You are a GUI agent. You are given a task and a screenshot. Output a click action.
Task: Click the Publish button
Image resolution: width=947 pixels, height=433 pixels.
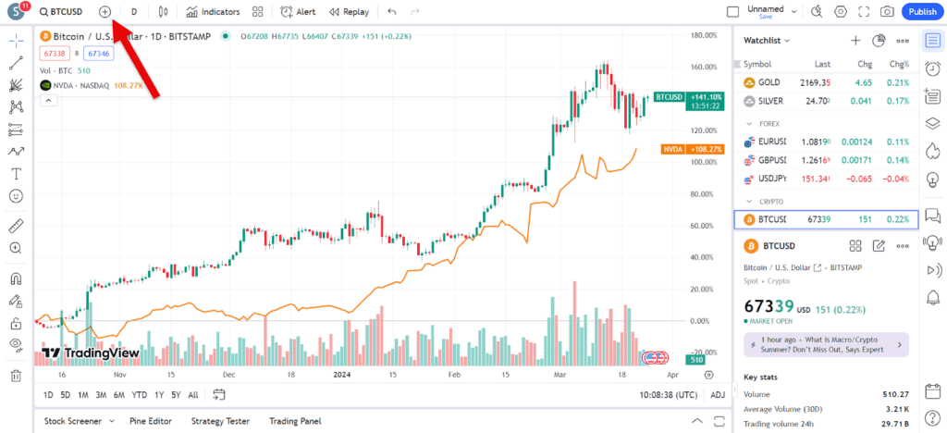(922, 12)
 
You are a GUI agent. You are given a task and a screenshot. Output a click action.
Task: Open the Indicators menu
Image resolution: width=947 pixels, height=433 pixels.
(213, 12)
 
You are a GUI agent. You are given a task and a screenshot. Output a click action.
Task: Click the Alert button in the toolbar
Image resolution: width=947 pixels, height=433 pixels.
(298, 12)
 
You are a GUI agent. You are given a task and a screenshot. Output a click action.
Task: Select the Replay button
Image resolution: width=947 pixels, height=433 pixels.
(348, 12)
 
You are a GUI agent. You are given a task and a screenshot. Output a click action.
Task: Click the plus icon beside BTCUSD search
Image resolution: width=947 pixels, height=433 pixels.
(105, 12)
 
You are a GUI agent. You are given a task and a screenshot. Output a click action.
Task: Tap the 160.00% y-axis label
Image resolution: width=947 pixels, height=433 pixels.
(705, 68)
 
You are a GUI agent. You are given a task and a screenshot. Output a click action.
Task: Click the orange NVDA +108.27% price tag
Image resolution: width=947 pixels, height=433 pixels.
(685, 149)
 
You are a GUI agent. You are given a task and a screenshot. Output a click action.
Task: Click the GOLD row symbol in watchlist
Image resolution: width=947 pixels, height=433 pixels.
(768, 82)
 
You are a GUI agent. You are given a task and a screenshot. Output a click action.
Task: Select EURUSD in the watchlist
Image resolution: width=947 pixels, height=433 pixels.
(771, 142)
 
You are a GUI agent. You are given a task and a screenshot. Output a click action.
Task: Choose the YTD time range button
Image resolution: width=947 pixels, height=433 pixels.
(140, 395)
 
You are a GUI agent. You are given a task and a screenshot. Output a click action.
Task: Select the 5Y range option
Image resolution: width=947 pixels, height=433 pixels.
(176, 395)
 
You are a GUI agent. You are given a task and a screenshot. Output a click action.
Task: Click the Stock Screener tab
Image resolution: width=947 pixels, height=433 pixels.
(73, 421)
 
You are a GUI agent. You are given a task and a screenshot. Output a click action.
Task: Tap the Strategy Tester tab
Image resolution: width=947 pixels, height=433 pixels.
(220, 421)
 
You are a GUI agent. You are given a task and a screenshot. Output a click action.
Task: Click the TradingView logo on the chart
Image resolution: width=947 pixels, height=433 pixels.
(89, 353)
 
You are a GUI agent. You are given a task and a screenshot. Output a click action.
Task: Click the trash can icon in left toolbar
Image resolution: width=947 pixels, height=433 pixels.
(16, 376)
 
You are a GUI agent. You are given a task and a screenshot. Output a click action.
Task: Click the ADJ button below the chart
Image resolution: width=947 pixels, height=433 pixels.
(718, 395)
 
